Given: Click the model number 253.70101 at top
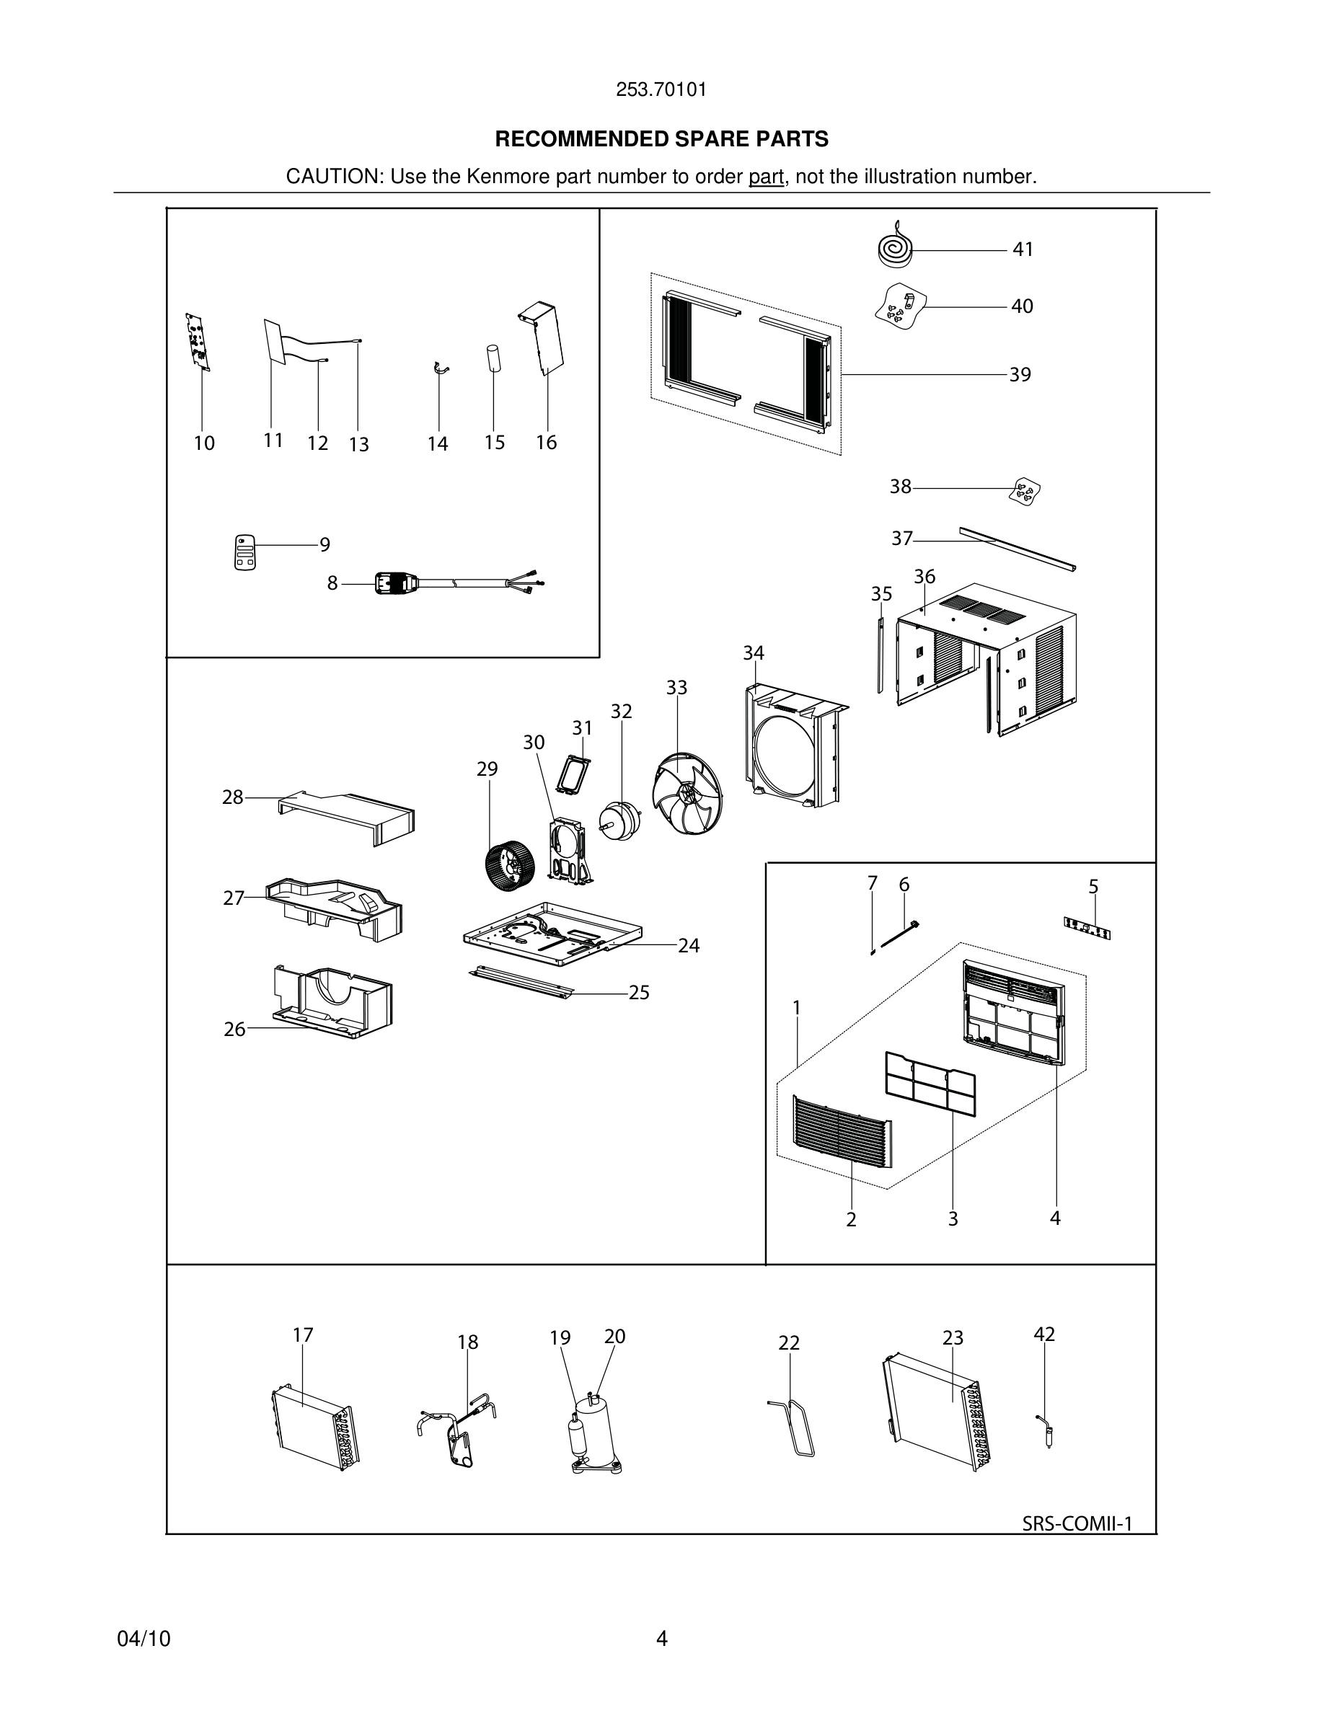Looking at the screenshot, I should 661,89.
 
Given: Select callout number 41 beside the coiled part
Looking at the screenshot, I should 1023,249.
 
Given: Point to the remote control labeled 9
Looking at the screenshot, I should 245,552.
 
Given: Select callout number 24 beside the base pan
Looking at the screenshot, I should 689,946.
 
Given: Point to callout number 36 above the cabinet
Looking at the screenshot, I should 924,577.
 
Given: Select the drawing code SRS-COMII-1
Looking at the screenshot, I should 1077,1523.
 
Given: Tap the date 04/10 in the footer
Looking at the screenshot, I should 144,1639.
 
